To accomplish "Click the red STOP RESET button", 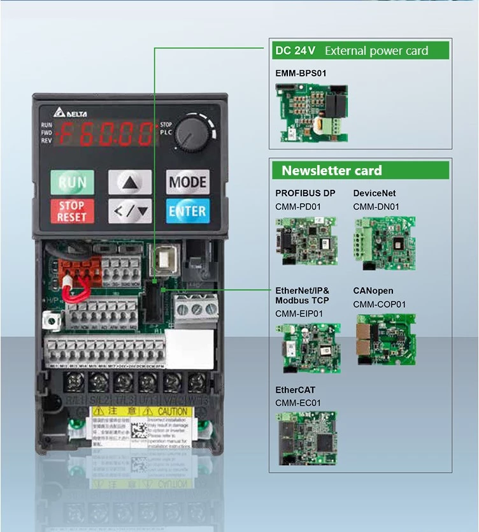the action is click(71, 211).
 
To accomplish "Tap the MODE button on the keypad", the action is click(187, 182).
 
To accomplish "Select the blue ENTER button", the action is click(187, 211).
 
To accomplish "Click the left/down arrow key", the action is click(130, 211).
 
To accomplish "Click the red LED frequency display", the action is click(106, 134).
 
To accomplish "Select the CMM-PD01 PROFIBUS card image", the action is click(305, 240).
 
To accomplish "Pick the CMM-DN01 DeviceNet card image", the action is click(384, 243).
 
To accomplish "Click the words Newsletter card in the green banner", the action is click(332, 171).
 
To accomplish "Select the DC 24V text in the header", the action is click(295, 51).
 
